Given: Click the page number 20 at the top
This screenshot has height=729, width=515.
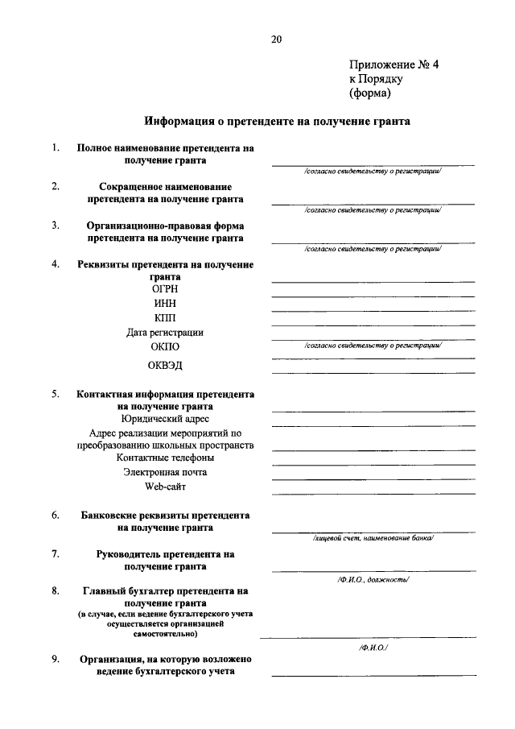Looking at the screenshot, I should click(277, 39).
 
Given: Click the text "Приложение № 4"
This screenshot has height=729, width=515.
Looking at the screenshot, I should click(395, 64).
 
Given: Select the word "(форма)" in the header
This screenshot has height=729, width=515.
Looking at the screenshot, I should click(369, 93).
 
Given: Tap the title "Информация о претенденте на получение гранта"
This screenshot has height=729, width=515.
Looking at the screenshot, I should click(277, 122).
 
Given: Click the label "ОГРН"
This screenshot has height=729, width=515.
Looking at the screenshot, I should click(165, 288).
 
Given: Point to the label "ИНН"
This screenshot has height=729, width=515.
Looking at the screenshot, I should click(165, 303).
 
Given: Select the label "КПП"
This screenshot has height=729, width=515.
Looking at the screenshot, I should click(165, 317).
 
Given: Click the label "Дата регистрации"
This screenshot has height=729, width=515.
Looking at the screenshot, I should click(165, 332).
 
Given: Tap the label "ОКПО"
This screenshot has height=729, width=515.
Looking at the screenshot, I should click(165, 346).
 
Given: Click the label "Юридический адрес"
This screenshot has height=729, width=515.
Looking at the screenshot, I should click(165, 419).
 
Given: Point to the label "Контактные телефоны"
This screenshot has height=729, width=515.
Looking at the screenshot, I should click(165, 458).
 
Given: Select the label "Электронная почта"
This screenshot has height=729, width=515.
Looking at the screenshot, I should click(165, 472).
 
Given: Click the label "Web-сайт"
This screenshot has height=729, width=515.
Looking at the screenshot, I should click(165, 487).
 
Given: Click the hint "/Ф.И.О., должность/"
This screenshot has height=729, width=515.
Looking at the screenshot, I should click(373, 578).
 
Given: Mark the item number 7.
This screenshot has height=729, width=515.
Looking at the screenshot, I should click(55, 553).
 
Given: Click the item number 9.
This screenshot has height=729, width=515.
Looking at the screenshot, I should click(55, 660).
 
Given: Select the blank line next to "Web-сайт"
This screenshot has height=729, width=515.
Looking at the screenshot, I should click(373, 491).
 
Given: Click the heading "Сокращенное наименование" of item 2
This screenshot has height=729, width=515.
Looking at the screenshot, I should click(165, 187).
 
